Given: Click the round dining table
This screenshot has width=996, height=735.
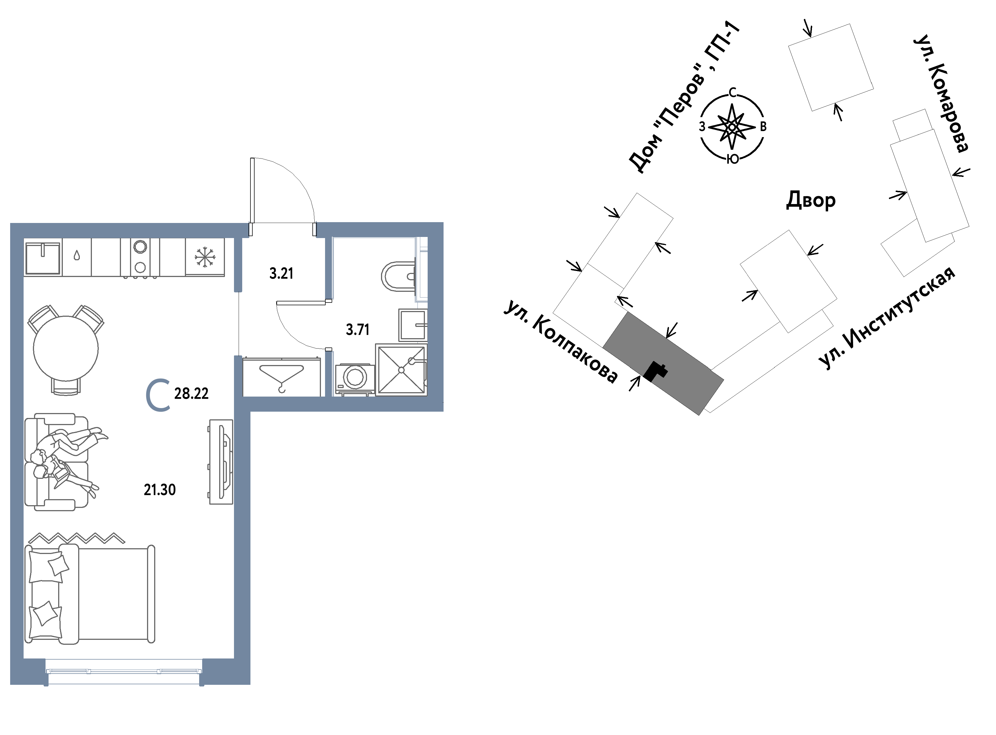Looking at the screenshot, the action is tap(66, 348).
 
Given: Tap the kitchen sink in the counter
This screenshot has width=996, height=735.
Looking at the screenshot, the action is tap(43, 258).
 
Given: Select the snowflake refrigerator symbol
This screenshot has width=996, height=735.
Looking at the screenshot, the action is tap(205, 258).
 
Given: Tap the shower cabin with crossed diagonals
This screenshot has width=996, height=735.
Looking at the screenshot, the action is tap(401, 370).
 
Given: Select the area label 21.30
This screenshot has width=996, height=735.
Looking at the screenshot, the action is tap(160, 490).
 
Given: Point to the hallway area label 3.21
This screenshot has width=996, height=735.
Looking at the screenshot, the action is tap(281, 273).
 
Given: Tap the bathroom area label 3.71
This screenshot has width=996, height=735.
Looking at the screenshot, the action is tap(358, 330).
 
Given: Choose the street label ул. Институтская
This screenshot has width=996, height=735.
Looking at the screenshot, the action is tap(887, 318).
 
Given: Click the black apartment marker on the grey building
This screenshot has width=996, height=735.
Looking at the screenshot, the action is tap(656, 372).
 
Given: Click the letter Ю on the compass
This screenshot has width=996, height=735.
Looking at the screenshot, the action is tap(733, 159).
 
